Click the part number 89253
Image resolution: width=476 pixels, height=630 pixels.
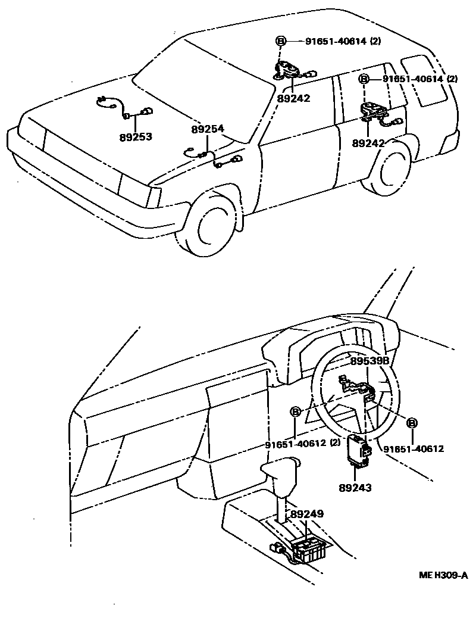pos(135,137)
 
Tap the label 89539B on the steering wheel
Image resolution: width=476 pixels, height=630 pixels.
pos(369,361)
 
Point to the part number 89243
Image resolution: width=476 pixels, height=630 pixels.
pos(355,488)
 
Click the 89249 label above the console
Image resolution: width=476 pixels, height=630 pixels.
pos(307,513)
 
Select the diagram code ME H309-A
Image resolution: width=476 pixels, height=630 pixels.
pos(443,575)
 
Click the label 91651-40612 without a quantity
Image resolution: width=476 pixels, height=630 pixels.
pos(413,449)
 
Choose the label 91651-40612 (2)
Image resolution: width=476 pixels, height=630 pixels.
pos(303,443)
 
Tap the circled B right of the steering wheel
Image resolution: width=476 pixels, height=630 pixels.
pos(412,423)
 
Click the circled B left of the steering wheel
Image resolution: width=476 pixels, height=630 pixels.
pos(296,411)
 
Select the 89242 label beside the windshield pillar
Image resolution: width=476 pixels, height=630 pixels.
pos(294,98)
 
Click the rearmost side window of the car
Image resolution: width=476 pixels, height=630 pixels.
pos(424,80)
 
